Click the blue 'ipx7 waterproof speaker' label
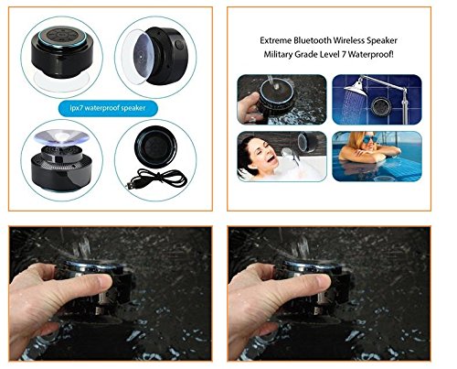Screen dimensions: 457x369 pyautogui.click(x=108, y=108)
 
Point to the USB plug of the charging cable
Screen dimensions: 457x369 pyautogui.click(x=130, y=186)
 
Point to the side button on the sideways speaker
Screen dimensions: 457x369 pyautogui.click(x=179, y=45)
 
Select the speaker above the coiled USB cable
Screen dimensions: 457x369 pyautogui.click(x=156, y=147)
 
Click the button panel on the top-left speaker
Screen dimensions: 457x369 pyautogui.click(x=62, y=36)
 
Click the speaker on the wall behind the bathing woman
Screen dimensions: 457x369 pyautogui.click(x=307, y=142)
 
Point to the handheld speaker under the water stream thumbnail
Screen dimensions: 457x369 pyautogui.click(x=276, y=98)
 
